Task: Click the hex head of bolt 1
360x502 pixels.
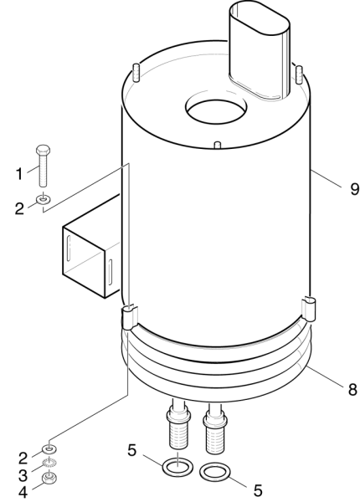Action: pos(43,150)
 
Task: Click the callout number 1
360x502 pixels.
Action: pos(19,175)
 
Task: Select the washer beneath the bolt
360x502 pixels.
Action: pos(44,199)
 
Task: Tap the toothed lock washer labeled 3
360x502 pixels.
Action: pos(49,463)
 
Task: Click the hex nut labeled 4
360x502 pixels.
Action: pos(49,479)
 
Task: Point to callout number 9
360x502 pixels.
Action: pos(354,189)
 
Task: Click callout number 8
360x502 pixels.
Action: pos(352,390)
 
